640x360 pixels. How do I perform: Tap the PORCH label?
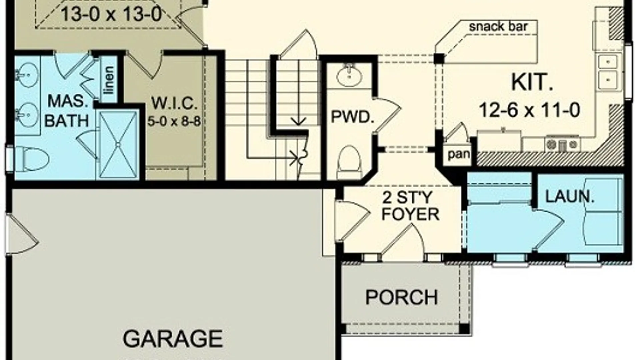pos(401,297)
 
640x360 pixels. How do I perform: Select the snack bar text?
pos(498,27)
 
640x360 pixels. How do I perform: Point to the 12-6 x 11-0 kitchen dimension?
pos(530,110)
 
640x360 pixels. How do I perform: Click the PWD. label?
pos(353,117)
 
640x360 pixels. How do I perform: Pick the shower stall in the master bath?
pos(118,144)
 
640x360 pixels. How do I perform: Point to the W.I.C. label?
pos(174,104)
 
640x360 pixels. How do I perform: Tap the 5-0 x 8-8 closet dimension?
pos(174,121)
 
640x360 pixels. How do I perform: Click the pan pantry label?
pos(459,154)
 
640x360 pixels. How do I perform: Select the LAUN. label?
pos(570,197)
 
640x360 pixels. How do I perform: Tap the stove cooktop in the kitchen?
pos(563,144)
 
